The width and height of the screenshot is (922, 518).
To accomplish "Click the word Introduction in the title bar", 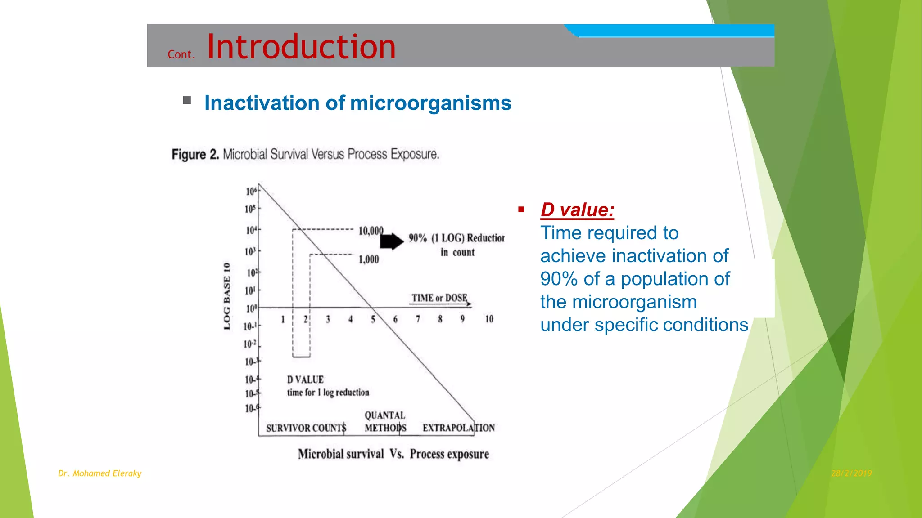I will click(301, 47).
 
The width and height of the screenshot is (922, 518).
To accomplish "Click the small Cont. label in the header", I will click(181, 54).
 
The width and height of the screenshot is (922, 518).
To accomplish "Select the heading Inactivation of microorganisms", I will click(357, 103).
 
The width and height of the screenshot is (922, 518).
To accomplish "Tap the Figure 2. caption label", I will click(195, 155).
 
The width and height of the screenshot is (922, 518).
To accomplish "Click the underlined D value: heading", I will click(577, 210).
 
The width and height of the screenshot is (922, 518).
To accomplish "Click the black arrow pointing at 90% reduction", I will click(391, 241).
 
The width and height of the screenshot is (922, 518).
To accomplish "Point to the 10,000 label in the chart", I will click(371, 231).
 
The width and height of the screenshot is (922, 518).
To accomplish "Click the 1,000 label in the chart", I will click(368, 259).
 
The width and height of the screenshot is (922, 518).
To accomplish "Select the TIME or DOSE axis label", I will click(439, 298).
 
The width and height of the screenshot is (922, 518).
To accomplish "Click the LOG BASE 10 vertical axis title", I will click(227, 296).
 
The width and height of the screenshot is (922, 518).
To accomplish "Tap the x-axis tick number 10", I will click(489, 319).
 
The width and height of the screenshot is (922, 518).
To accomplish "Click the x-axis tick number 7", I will click(418, 319).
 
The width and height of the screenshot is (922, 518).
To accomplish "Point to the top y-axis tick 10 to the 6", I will click(251, 191).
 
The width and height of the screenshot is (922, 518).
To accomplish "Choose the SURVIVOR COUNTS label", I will click(306, 428).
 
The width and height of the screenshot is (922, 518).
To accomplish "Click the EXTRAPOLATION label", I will click(458, 428).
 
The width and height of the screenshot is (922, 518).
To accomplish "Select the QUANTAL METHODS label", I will click(385, 421).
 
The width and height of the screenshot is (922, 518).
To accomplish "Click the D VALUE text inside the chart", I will click(305, 380).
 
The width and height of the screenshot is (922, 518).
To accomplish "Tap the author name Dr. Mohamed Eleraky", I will click(99, 473).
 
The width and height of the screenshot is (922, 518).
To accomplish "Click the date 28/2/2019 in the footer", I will click(851, 473).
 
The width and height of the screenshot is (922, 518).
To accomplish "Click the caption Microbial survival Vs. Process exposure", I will click(393, 454).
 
